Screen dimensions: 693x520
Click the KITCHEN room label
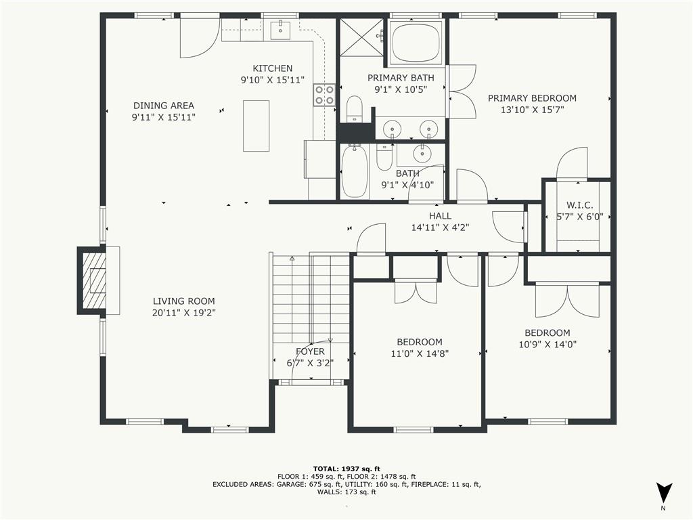(x=272, y=68)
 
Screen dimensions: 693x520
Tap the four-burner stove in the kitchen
(x=324, y=95)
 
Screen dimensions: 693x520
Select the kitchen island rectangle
(x=256, y=125)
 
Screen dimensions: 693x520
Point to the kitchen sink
(x=280, y=30)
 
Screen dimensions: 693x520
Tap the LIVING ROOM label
(x=184, y=301)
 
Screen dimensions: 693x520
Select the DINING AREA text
(x=164, y=105)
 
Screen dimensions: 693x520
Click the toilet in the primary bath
(x=355, y=108)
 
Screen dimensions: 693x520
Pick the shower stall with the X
(x=363, y=37)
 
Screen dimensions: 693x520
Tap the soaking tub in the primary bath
(x=416, y=43)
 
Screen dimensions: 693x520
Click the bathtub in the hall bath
(x=355, y=171)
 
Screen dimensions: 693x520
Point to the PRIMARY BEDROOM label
(x=532, y=98)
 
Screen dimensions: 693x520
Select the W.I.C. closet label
(x=580, y=205)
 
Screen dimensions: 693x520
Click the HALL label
(x=440, y=216)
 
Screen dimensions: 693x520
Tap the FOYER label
(x=310, y=351)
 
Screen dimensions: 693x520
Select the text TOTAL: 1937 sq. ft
(x=346, y=469)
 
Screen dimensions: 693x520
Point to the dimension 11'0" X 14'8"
(x=420, y=353)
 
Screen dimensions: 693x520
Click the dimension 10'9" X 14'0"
(x=547, y=345)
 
